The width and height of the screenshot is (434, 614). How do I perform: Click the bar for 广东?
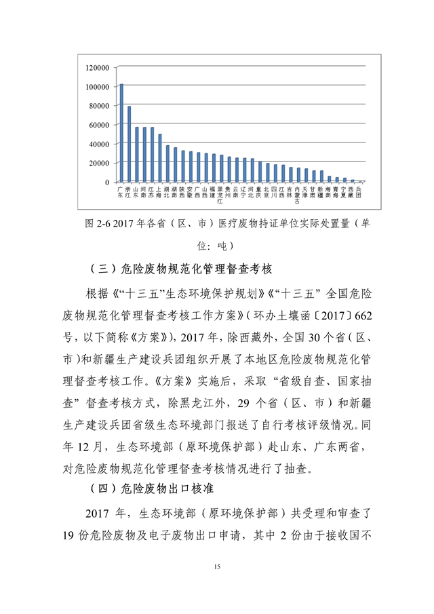[121, 133]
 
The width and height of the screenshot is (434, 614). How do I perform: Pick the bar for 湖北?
[167, 164]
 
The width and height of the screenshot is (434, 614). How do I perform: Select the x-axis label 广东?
[121, 191]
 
